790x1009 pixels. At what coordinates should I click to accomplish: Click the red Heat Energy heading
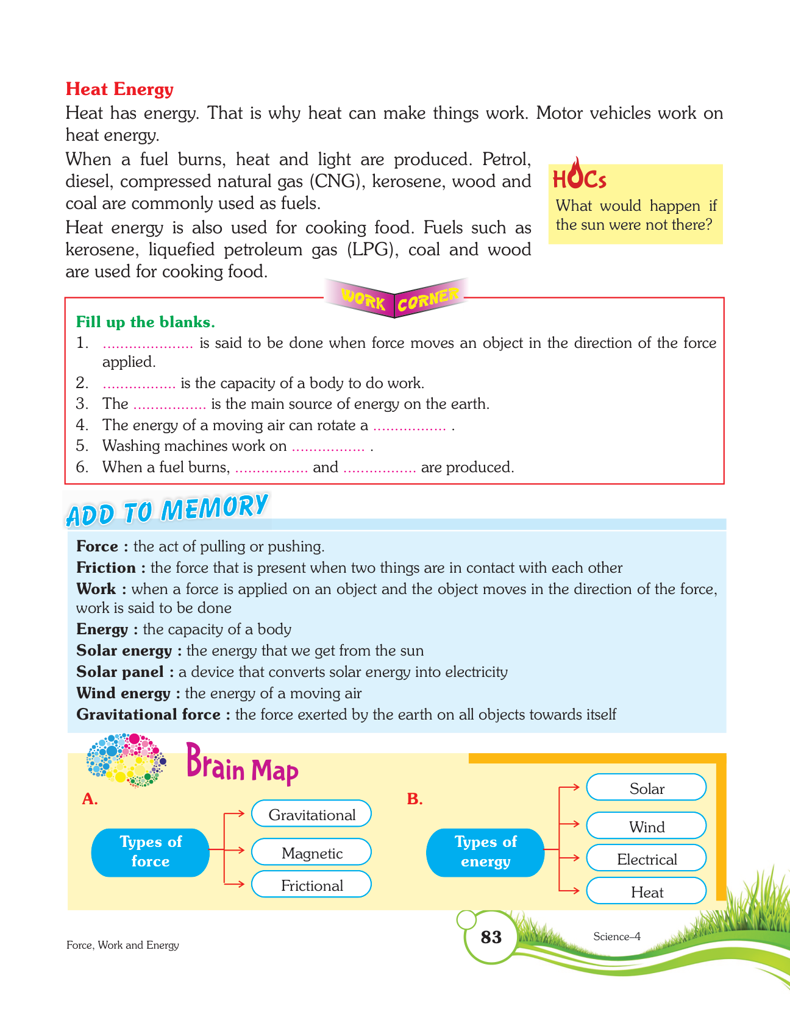(119, 89)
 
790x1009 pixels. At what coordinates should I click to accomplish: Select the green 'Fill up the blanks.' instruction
(145, 322)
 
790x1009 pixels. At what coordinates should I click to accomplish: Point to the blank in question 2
(139, 384)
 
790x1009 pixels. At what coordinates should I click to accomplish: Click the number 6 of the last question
(82, 467)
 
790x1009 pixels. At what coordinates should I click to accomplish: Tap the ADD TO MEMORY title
(167, 510)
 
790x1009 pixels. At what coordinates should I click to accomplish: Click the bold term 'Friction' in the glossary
(106, 568)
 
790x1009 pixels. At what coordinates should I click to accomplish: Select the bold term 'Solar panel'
(120, 672)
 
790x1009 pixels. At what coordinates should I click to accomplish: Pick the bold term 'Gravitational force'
(148, 715)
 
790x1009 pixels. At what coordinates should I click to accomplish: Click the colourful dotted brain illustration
(126, 760)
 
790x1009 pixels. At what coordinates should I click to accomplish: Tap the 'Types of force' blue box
(151, 852)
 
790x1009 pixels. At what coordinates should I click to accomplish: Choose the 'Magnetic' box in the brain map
(311, 853)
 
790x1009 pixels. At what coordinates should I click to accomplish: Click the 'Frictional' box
(311, 885)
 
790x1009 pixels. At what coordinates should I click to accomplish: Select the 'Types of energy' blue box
(485, 852)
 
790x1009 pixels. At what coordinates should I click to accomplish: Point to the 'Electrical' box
(646, 859)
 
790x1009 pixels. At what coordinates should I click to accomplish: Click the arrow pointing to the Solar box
(569, 787)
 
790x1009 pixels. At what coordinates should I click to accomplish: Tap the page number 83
(491, 936)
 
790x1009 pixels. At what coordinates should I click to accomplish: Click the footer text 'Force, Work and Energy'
(123, 945)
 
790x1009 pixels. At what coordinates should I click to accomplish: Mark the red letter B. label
(415, 799)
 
